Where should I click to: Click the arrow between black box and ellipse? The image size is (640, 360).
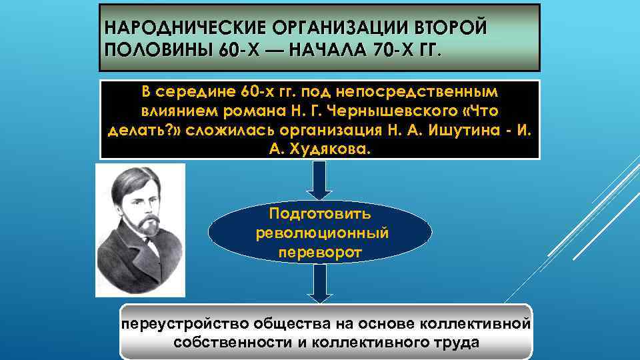[319, 180]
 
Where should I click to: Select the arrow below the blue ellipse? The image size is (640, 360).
[319, 284]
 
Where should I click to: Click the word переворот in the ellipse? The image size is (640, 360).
[319, 253]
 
